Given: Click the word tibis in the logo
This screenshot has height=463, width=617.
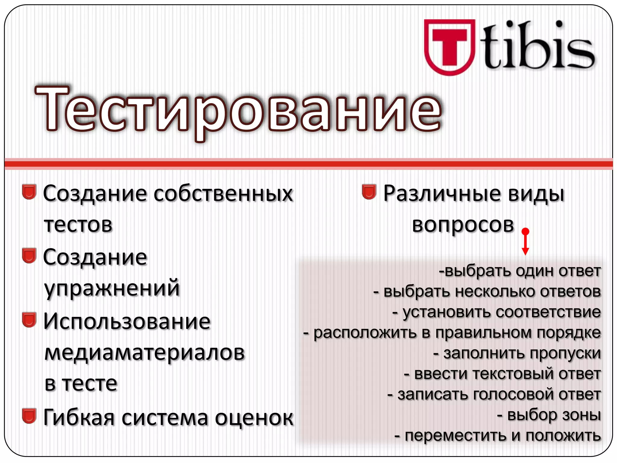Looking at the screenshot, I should [539, 47].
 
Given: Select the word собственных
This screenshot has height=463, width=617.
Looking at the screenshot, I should [223, 194].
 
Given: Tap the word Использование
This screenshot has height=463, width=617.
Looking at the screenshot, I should [127, 321].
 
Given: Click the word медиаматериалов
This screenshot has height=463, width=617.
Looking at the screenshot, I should [145, 353].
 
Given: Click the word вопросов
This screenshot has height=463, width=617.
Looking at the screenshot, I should [463, 225].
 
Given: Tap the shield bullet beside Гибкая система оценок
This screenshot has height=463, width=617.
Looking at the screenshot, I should [29, 416].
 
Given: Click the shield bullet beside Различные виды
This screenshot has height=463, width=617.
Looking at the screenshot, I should [369, 192].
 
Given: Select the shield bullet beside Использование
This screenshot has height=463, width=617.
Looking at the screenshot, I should [29, 320].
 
